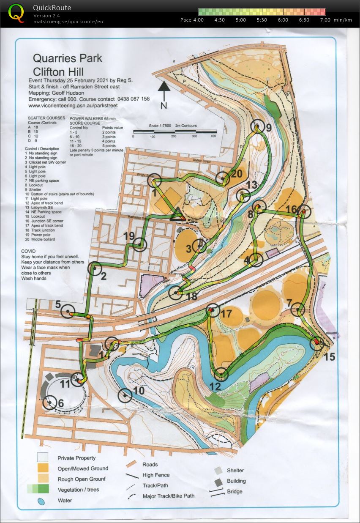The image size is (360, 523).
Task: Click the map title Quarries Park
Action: click(x=68, y=58)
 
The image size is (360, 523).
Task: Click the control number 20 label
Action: click(x=237, y=173)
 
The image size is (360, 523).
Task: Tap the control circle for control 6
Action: click(x=50, y=402)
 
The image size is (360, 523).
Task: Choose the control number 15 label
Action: click(x=330, y=357)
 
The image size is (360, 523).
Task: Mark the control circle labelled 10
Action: click(x=125, y=395)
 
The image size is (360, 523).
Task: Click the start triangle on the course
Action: click(x=177, y=215)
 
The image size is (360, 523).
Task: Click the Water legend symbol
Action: click(x=41, y=501)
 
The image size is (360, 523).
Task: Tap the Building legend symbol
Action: click(x=218, y=482)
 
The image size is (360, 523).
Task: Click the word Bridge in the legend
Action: click(x=235, y=492)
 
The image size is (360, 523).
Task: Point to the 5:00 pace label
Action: click(x=241, y=20)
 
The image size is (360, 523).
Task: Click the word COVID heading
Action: click(x=29, y=251)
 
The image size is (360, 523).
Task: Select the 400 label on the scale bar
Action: click(x=213, y=137)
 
